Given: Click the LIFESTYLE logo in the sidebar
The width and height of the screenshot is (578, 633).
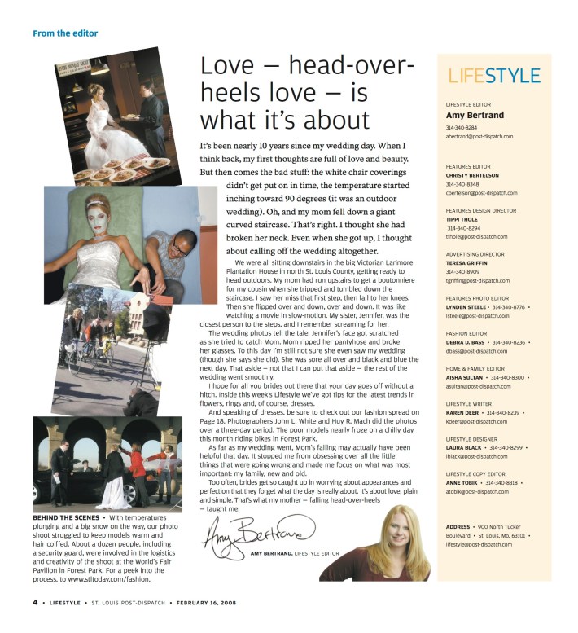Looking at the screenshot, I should coord(494,76).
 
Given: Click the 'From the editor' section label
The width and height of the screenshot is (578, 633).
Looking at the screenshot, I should coord(65,33).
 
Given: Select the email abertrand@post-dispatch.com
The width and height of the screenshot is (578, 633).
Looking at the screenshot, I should coord(479,137).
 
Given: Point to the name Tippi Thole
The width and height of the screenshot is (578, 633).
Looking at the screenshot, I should coord(464,219).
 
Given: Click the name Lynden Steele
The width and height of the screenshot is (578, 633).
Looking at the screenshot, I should coord(466,307).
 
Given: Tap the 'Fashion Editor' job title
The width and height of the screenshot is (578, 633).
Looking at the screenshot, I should coord(466,333).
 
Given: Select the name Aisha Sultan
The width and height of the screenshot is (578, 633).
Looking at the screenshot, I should coord(463,378).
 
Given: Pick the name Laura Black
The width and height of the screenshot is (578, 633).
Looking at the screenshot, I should coord(462,447).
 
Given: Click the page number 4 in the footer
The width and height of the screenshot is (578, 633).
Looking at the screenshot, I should coord(35,603).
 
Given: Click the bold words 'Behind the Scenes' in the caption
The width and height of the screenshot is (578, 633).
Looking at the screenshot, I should coord(65,518).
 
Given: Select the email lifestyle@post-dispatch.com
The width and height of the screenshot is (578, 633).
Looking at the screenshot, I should coord(484,544).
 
